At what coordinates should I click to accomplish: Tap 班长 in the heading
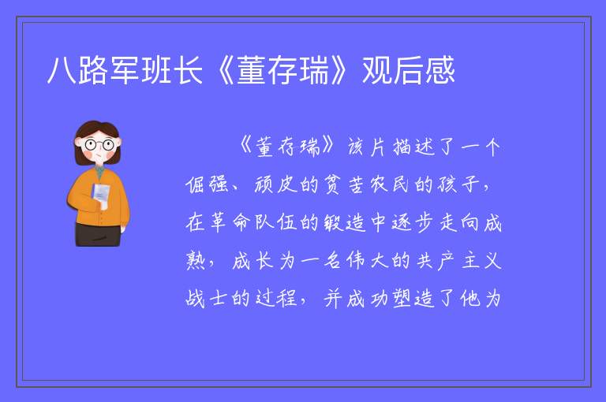point(171,71)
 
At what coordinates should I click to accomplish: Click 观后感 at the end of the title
point(409,71)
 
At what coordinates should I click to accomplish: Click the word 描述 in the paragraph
point(414,147)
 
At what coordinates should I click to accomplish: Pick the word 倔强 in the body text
point(207,184)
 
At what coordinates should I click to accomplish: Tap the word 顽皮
point(276,184)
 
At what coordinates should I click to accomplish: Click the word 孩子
point(458,184)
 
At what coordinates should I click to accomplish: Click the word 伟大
point(367,260)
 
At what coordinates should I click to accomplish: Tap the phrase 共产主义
point(458,260)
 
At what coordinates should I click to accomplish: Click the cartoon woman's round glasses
point(99,145)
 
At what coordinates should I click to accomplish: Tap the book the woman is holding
point(100,194)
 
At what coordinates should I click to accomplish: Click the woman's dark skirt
point(98,234)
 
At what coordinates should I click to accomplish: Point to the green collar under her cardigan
point(100,172)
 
